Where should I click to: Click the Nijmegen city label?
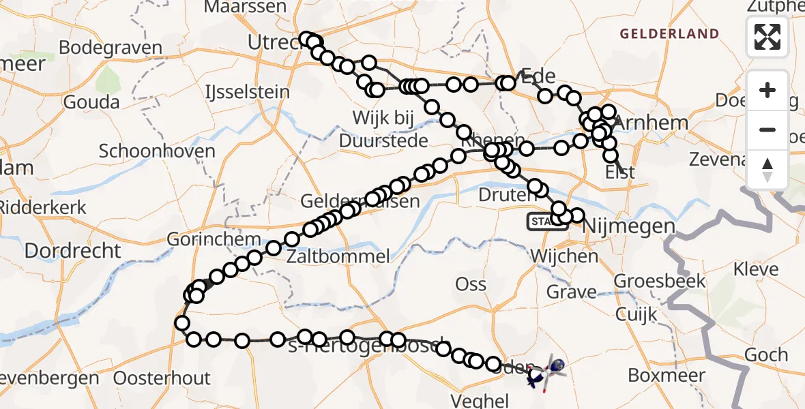(628, 226)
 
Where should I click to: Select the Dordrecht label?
(72, 251)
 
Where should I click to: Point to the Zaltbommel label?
(339, 257)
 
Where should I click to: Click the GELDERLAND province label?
(669, 33)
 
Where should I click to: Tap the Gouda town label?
(91, 102)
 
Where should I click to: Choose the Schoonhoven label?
(157, 151)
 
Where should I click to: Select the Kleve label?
(756, 269)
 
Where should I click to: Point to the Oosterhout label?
(162, 378)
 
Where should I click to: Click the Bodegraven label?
(111, 48)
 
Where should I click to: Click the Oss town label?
(471, 284)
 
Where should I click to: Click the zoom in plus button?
(767, 91)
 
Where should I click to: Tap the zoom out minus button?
(767, 130)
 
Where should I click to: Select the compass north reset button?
(767, 168)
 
